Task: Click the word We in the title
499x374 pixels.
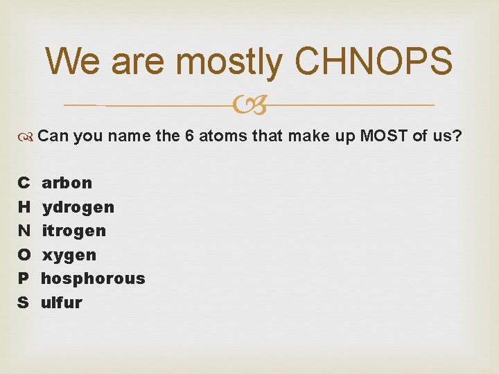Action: point(71,61)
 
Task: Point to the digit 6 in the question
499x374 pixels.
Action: point(189,136)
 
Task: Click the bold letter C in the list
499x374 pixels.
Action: point(23,183)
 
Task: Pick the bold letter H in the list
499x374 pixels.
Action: point(24,207)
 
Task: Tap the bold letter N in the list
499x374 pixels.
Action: point(24,231)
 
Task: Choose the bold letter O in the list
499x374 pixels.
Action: point(24,255)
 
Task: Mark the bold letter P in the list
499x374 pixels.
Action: point(23,278)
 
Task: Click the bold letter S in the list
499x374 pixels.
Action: point(23,303)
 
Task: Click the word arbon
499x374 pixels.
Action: point(67,183)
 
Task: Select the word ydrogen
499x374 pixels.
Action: point(78,207)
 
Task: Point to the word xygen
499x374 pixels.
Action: point(69,255)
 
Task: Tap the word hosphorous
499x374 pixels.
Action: point(93,278)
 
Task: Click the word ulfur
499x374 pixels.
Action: point(61,303)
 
